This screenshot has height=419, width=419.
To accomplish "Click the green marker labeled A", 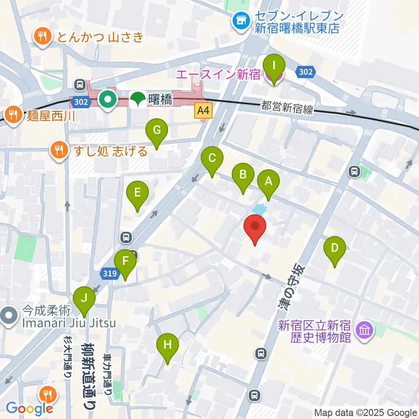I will click(268, 181).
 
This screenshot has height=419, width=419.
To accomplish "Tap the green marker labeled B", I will click(243, 175).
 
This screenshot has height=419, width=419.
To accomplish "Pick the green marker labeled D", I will click(334, 248).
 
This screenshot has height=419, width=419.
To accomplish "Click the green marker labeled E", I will click(137, 192).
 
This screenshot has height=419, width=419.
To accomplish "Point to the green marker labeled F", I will click(125, 261).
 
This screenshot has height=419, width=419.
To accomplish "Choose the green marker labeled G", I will click(157, 130).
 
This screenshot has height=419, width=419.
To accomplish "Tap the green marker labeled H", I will click(168, 344).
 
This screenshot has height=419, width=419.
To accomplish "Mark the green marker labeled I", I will click(274, 67).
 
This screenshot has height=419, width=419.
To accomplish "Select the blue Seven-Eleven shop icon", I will click(240, 21).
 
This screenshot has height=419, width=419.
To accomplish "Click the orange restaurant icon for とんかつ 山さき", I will click(42, 37).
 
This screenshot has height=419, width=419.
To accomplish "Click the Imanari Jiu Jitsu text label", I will click(69, 323).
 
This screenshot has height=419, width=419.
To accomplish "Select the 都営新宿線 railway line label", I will click(287, 107).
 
